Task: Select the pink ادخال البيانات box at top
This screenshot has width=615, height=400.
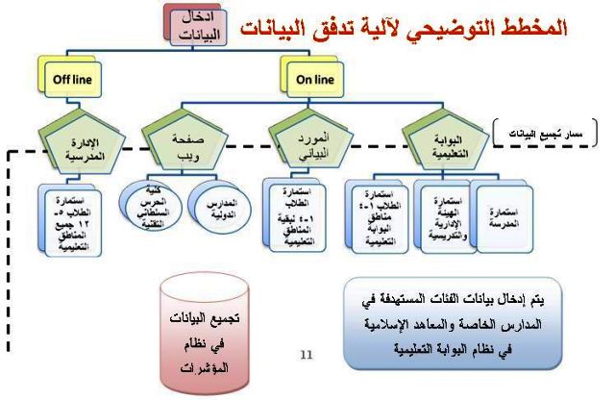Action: (200, 25)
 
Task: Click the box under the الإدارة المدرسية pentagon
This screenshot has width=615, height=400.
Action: (78, 215)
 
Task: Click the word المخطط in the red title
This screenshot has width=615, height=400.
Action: (533, 27)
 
